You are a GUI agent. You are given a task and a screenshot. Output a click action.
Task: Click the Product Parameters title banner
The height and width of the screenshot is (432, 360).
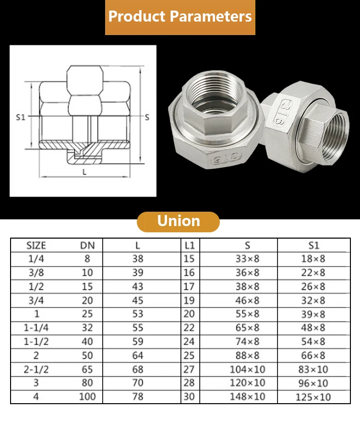180,17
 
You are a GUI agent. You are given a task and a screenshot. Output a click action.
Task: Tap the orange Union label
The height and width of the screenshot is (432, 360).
179,222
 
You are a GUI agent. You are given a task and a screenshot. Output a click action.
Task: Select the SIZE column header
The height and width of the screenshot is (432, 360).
36,245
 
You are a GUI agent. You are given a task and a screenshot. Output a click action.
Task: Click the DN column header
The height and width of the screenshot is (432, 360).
87,245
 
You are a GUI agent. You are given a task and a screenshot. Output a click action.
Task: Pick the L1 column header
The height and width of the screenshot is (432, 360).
190,245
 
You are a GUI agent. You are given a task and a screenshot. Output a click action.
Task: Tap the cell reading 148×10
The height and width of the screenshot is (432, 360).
247,397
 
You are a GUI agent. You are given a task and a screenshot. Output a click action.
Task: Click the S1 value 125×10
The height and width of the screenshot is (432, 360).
313,397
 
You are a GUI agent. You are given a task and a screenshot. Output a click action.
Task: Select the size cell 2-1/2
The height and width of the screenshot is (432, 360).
36,370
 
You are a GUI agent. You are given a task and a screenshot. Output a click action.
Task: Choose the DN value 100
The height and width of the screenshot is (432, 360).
87,397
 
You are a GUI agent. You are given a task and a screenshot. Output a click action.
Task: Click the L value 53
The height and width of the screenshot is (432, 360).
138,314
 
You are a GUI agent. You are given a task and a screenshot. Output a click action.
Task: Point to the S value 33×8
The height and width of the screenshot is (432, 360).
247,259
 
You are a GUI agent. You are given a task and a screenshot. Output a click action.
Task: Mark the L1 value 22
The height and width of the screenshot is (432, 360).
190,328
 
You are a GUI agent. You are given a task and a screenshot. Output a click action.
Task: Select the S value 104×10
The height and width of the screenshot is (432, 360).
247,370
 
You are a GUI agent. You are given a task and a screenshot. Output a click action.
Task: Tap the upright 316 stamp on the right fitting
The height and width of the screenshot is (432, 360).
288,113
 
